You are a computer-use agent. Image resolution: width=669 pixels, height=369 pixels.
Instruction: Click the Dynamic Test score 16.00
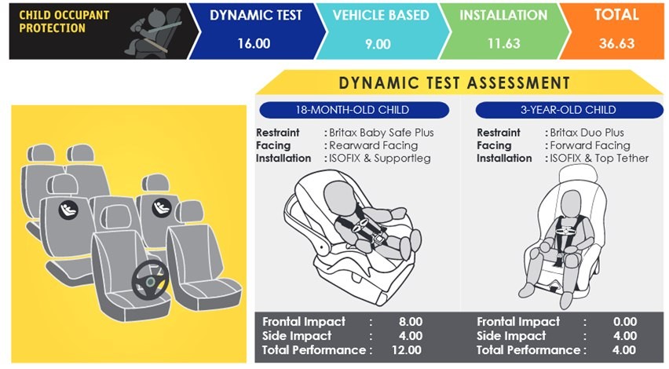[x=254, y=43]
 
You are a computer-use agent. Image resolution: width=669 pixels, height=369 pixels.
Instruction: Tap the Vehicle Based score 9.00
[x=378, y=44]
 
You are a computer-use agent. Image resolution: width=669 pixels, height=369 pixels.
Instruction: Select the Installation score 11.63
[x=504, y=43]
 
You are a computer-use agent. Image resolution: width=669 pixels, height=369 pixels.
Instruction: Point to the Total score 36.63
[x=616, y=43]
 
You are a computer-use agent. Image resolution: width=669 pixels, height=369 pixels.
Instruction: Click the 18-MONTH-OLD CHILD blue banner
[x=354, y=110]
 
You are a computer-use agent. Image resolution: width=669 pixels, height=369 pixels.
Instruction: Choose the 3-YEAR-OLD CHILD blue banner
[x=569, y=110]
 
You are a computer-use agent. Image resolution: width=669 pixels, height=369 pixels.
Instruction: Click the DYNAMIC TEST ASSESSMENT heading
[x=455, y=82]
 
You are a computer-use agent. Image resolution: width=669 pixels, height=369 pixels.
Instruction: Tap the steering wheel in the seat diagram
[x=150, y=280]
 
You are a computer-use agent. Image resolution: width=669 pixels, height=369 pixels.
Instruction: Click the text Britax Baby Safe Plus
[x=382, y=133]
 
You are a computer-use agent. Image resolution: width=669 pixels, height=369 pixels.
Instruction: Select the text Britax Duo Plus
[x=587, y=133]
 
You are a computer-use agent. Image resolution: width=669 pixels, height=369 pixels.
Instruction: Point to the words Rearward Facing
[x=373, y=145]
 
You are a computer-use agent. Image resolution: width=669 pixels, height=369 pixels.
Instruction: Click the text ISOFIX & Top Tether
[x=599, y=159]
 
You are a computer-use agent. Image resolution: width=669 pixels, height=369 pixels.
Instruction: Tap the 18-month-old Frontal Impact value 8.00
[x=411, y=322]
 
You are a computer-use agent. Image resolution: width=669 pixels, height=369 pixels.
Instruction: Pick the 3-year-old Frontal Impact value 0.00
[x=625, y=322]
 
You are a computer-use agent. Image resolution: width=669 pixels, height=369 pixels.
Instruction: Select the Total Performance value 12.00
[x=407, y=350]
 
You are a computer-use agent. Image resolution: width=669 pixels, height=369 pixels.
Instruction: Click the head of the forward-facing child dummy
[x=570, y=203]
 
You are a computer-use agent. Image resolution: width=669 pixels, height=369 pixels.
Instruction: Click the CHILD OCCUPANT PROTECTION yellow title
[x=64, y=22]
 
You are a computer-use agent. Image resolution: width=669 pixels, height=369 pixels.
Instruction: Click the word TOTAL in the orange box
[x=616, y=15]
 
